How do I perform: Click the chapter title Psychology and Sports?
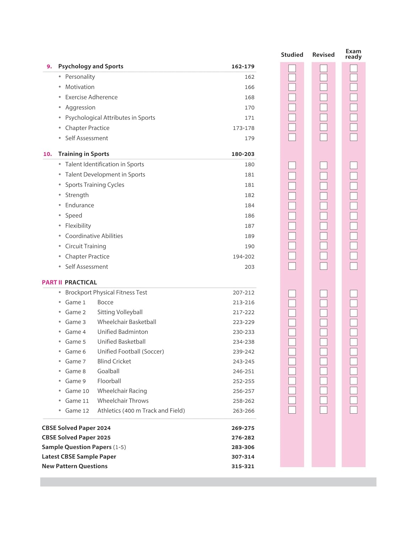tap(91, 66)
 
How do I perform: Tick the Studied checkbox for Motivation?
tap(292, 87)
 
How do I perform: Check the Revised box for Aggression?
tap(323, 107)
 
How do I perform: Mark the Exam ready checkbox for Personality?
tap(353, 77)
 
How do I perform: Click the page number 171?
tap(249, 118)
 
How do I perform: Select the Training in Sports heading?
tap(83, 154)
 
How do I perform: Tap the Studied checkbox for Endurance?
tap(292, 206)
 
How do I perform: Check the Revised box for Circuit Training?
tap(323, 246)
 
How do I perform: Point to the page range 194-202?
tap(243, 257)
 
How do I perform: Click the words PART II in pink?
tap(52, 282)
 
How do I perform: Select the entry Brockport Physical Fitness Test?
tap(106, 292)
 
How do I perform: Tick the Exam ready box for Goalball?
tap(353, 371)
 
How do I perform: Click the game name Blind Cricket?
tap(114, 361)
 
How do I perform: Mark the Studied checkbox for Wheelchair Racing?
tap(292, 391)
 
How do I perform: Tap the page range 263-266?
tap(243, 411)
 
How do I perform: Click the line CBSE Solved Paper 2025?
tap(76, 437)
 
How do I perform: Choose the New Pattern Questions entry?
tap(75, 466)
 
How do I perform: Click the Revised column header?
tap(323, 55)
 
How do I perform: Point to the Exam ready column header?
tap(353, 54)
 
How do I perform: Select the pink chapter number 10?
tap(48, 154)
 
